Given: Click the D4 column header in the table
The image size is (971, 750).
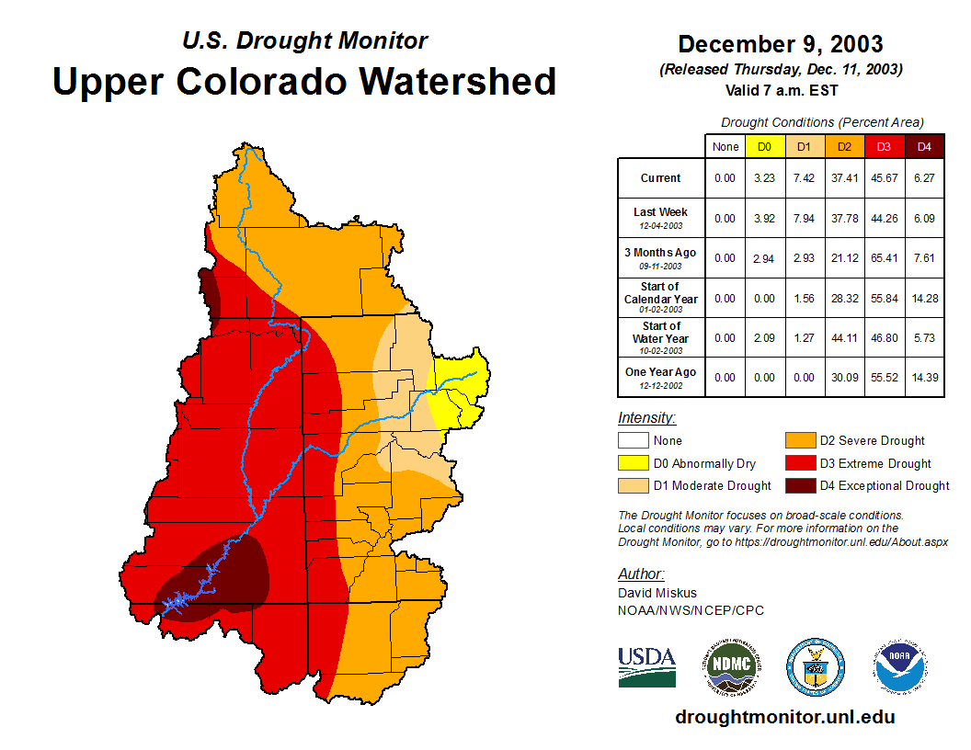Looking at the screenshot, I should (x=924, y=147).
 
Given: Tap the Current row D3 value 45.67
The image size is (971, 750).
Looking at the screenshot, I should (x=885, y=178).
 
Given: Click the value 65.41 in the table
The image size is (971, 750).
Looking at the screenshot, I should (x=885, y=258).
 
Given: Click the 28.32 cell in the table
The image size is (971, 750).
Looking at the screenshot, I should (x=845, y=298).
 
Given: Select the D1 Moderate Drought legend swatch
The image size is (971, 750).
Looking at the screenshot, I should (x=634, y=485).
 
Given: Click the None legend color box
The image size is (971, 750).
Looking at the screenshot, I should (x=634, y=440).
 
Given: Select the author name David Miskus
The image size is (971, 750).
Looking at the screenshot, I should (x=657, y=593).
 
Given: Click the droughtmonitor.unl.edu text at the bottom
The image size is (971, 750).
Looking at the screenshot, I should (x=784, y=717).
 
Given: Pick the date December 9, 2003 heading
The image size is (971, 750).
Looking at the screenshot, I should (x=780, y=44).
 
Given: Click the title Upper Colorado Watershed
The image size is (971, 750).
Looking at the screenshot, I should (x=304, y=81).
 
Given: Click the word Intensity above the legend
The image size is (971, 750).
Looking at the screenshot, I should (x=646, y=418).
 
